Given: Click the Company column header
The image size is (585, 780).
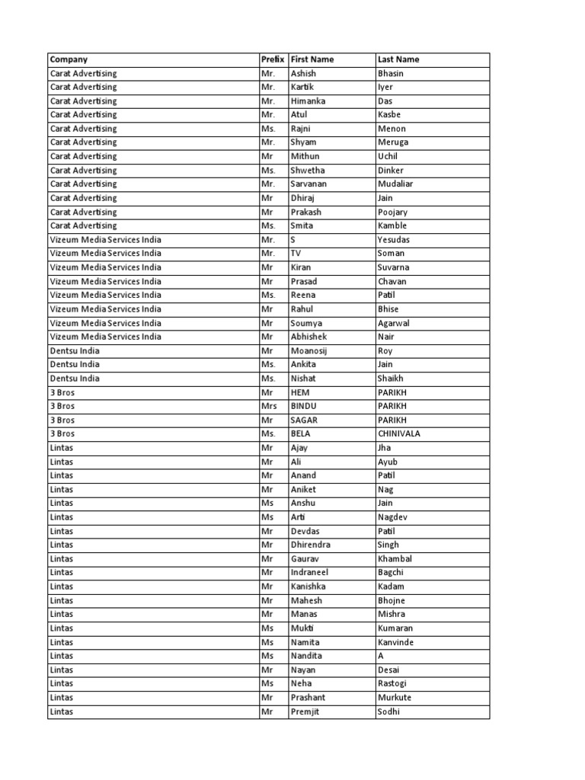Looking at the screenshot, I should (69, 59).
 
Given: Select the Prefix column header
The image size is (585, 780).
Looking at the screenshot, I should (272, 59).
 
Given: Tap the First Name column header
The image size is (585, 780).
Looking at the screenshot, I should (312, 59).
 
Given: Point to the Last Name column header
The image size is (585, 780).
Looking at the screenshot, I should (398, 59).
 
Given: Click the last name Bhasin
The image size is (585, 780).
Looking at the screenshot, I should (390, 73).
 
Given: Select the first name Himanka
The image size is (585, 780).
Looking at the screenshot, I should (308, 101).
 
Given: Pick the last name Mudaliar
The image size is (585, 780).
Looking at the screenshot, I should (396, 184).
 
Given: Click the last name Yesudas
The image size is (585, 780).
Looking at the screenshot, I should (393, 239).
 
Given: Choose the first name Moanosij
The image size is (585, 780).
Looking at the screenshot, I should (309, 350).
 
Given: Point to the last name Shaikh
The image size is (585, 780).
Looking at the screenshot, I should (390, 378).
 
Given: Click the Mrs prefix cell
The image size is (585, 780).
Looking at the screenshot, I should (268, 406).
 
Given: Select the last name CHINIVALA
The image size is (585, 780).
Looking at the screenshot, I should (398, 433).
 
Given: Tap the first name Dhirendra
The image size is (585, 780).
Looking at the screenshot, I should (311, 545).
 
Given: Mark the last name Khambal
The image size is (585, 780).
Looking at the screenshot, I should (395, 558).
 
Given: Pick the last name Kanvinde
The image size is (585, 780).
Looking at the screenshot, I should (396, 642).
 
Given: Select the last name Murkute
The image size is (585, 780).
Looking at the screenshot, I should (394, 698).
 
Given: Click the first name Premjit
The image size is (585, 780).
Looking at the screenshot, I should (305, 711).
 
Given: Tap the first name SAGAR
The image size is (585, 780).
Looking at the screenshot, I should (304, 420).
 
